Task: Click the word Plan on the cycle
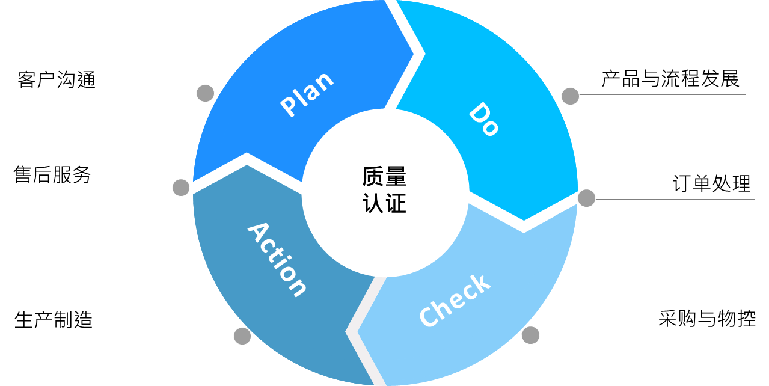(307, 94)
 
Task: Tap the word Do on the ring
(484, 119)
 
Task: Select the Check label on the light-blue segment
(455, 301)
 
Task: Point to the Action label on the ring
(277, 260)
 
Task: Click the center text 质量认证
(385, 190)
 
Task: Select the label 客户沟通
(57, 80)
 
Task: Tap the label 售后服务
(52, 175)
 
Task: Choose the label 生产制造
(54, 320)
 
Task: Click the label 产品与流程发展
(670, 79)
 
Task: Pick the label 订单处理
(712, 183)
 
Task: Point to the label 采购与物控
(707, 318)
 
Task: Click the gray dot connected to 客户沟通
(205, 93)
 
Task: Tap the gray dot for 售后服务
(181, 188)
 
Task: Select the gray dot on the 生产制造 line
(242, 336)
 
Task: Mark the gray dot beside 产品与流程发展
(570, 96)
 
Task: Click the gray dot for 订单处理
(586, 198)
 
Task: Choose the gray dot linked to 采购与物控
(530, 335)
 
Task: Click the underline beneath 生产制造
(124, 335)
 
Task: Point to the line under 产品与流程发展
(663, 94)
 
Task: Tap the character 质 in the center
(373, 177)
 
